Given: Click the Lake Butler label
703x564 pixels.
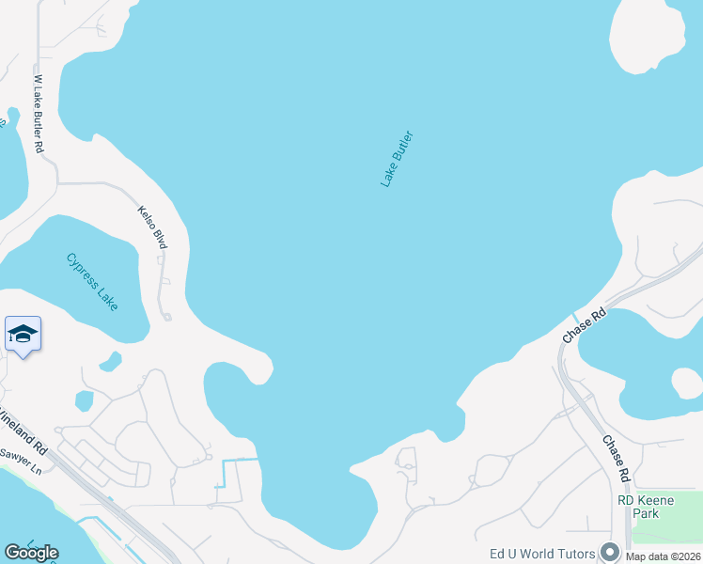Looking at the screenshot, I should (397, 159).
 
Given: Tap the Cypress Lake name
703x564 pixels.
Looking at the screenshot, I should (92, 282).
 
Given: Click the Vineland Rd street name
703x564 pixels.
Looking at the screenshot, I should (29, 431).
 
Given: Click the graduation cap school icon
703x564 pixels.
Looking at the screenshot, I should (23, 334).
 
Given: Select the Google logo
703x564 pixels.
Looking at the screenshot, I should (31, 552).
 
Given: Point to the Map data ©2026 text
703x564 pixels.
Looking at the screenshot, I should (664, 556).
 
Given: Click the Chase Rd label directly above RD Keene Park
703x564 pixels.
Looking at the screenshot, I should (617, 458).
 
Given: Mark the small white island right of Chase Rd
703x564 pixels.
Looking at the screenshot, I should (687, 383).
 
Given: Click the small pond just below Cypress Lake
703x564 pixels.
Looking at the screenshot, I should (110, 360).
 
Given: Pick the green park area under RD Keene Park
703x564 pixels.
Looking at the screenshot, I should (666, 530).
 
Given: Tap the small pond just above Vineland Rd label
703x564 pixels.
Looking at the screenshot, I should (84, 400).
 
